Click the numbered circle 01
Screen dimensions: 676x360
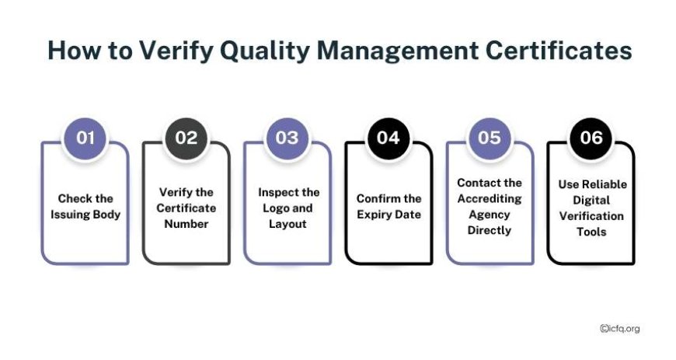(85, 138)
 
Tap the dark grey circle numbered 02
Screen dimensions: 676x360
(186, 138)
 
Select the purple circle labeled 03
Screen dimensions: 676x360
(287, 138)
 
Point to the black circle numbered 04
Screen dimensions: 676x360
(389, 138)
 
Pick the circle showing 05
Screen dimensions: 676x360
(490, 138)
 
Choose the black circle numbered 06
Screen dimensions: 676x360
(591, 138)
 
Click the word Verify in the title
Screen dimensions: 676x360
(176, 51)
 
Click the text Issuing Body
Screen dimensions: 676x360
(85, 215)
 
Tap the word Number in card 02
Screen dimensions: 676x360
(186, 224)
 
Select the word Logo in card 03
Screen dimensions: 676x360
(275, 208)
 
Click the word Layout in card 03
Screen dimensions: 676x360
(287, 225)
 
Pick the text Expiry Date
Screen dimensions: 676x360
(389, 215)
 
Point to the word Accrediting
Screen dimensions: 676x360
(490, 199)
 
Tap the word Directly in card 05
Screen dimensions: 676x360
(490, 230)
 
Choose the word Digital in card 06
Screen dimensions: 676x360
(591, 201)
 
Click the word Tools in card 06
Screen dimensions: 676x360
(591, 232)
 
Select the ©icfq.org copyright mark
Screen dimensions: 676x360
(619, 328)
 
